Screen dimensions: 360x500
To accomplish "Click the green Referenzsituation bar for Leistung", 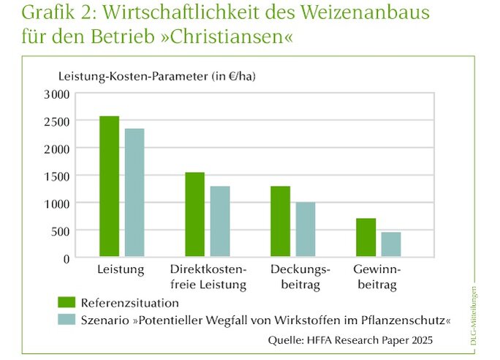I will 109,187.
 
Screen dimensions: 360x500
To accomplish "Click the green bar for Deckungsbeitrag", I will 280,222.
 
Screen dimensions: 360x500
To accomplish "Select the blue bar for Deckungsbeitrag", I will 306,230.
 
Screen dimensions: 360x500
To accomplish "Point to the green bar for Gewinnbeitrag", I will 366,238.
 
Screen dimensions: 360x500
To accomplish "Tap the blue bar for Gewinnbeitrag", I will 391,244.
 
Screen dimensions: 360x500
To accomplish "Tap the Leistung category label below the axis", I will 121,269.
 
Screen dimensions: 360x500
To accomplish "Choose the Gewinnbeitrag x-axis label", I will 377,277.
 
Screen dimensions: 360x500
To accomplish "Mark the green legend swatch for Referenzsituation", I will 67,301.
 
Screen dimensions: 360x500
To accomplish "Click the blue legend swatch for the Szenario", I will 67,320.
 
